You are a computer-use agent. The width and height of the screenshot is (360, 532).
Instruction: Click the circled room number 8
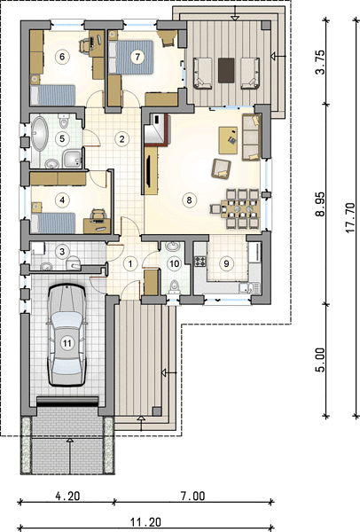[189, 199]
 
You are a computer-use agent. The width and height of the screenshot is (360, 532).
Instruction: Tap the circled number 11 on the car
[67, 343]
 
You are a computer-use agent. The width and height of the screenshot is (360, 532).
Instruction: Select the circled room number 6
[62, 57]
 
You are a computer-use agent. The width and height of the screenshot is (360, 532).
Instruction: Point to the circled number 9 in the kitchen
[226, 263]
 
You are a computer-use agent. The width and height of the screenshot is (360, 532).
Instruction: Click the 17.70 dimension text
[350, 218]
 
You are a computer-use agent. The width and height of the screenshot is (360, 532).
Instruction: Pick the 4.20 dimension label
[68, 496]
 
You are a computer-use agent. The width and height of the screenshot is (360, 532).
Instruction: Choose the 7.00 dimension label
[192, 496]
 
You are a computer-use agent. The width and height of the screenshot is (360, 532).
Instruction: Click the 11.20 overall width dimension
[146, 522]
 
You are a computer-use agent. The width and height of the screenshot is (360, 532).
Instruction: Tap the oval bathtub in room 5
[40, 134]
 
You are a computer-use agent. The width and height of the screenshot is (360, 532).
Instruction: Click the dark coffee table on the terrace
[226, 70]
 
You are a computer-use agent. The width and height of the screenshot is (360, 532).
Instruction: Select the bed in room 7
[131, 57]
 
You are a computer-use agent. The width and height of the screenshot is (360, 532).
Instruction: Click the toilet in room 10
[175, 286]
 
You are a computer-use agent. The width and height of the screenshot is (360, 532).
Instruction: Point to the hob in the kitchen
[200, 261]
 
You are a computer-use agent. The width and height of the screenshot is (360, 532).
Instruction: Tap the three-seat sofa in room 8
[252, 137]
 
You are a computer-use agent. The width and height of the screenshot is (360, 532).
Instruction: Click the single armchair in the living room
[221, 168]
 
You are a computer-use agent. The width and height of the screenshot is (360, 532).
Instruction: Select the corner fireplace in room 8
[156, 129]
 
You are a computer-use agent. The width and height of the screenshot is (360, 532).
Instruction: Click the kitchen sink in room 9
[248, 287]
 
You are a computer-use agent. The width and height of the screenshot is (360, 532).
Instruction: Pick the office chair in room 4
[98, 214]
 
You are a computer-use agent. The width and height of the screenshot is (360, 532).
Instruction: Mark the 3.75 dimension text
[320, 62]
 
